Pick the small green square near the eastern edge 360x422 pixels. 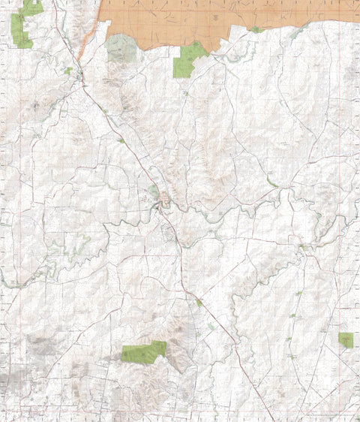tap(345, 339)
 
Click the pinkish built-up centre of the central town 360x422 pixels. tap(164, 199)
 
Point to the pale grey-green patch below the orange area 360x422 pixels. tap(121, 49)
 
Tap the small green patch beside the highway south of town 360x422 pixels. tap(199, 303)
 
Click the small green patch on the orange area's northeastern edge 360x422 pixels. tap(256, 30)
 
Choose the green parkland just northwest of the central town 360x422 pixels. tap(154, 191)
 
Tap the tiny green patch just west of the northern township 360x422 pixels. tap(68, 71)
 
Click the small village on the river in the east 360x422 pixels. tap(303, 248)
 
